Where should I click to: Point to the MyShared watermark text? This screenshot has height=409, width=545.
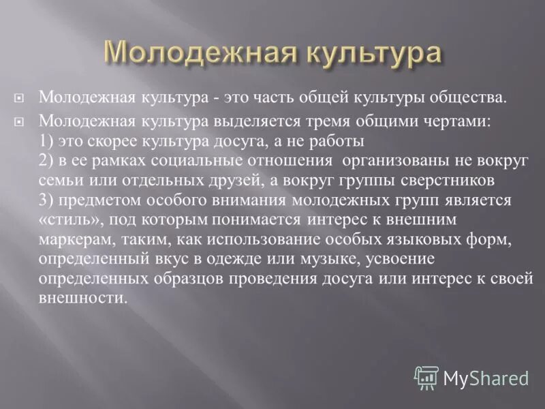click(x=486, y=377)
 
